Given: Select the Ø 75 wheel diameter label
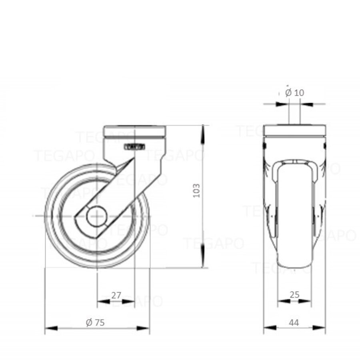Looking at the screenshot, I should (x=95, y=322).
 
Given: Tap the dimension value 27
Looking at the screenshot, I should (x=116, y=296).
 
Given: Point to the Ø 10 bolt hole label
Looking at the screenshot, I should (x=295, y=92).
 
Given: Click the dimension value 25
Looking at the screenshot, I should (x=294, y=295).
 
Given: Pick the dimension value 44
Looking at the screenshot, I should (x=294, y=322).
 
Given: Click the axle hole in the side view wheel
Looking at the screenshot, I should (x=97, y=216).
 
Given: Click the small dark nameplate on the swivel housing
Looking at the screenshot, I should (x=135, y=147).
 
